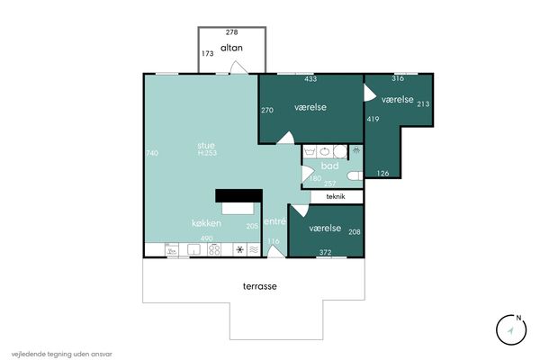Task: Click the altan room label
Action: coord(231,48)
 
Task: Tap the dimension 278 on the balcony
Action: coord(232,32)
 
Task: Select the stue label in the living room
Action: coord(206,145)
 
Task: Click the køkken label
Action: coord(206,223)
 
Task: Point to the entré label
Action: coord(274,221)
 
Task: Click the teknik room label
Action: coord(336,197)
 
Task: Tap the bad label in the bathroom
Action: coord(329,166)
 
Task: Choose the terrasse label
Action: coord(260,286)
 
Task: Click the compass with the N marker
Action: coord(511,329)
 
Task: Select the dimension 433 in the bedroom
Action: coord(310,79)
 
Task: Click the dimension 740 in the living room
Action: coord(152,153)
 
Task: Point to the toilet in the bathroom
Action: coord(355,176)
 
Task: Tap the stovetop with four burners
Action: coord(214,249)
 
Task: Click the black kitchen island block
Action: coord(239,195)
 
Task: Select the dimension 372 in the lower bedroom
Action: coord(325,252)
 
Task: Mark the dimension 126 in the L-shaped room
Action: coord(382,174)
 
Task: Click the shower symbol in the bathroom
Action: coord(356,150)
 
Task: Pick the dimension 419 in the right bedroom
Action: coord(373,119)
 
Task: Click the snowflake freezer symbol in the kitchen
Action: coord(240,249)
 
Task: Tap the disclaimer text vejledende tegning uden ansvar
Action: coord(61,354)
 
